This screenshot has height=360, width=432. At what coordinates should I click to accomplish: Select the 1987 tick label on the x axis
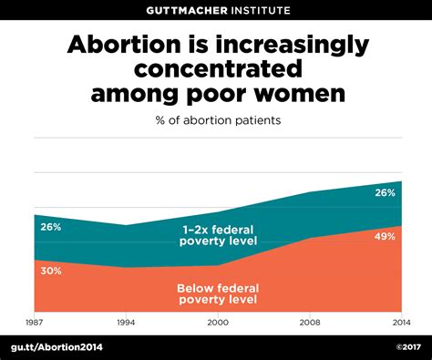35,322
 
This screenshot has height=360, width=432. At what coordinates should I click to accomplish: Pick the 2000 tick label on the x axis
216,322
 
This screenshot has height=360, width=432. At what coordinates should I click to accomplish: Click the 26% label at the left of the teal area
51,227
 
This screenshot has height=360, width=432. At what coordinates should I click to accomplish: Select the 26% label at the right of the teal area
384,192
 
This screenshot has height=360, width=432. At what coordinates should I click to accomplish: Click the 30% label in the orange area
51,270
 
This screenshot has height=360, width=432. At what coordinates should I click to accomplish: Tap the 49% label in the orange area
384,236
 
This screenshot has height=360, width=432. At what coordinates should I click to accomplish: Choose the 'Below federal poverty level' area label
217,293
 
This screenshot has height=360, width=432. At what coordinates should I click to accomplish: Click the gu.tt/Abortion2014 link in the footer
57,347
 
